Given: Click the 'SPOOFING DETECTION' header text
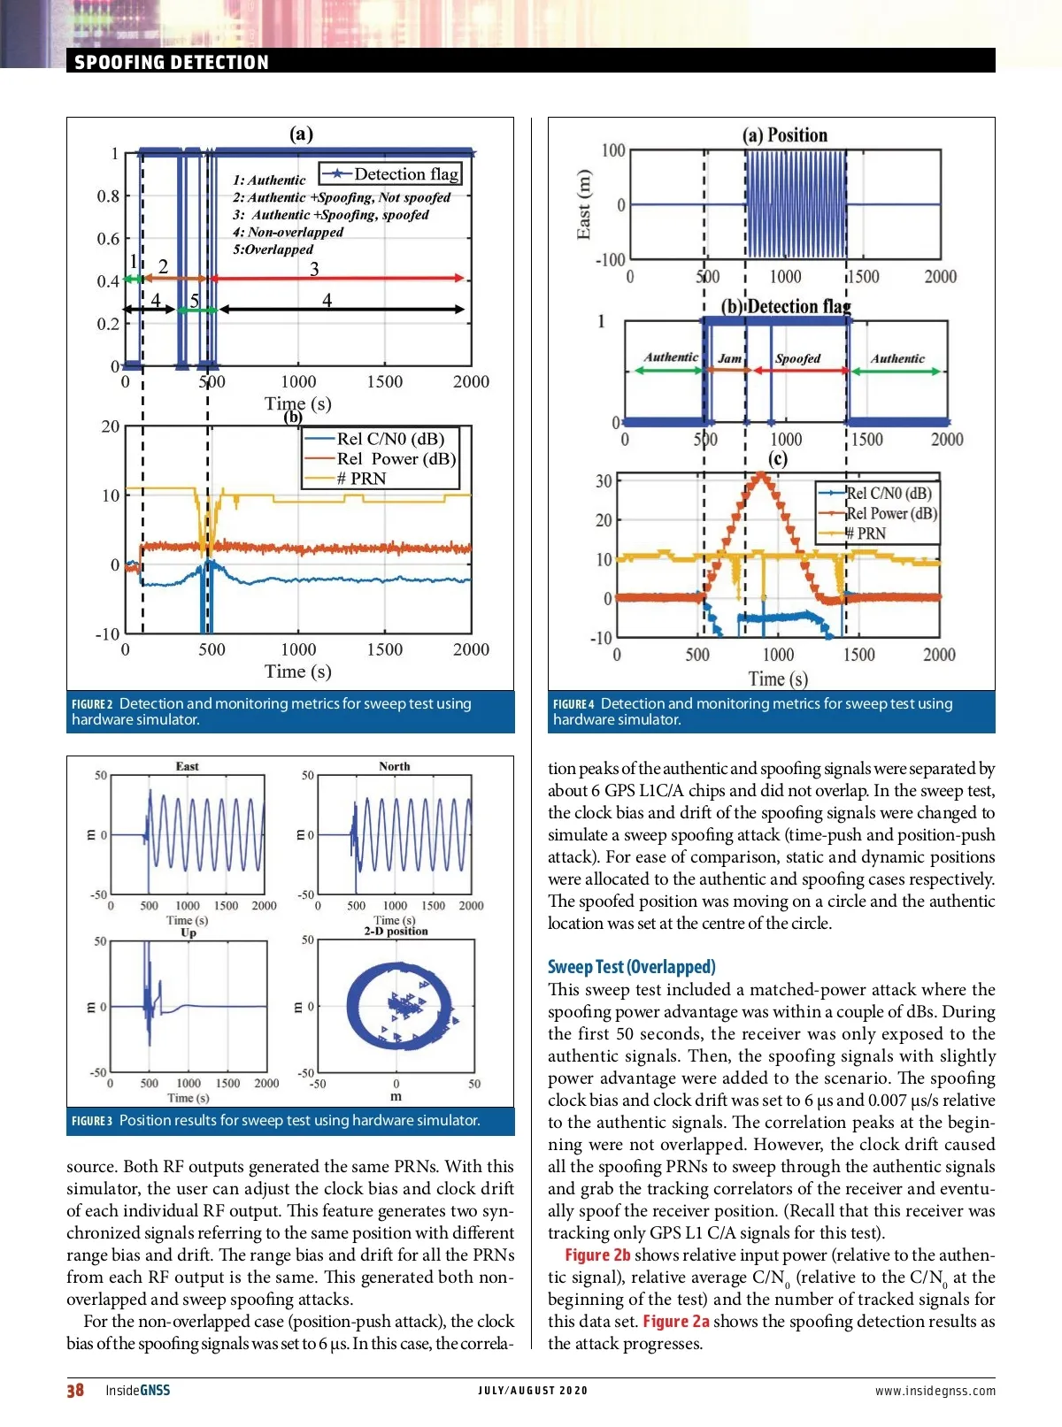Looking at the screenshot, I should point(171,62).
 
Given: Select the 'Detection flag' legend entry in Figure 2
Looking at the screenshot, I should point(406,174).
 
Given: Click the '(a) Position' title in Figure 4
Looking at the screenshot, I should point(785,135).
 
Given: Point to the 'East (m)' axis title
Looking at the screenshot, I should point(583,204).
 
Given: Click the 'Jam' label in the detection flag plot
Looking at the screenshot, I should point(730,358).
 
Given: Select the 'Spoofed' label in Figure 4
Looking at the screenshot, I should point(797,358).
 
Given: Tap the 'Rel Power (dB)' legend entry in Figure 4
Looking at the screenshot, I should point(890,513).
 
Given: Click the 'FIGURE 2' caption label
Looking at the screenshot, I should point(92,704).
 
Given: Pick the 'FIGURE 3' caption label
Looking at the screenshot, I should point(92,1121).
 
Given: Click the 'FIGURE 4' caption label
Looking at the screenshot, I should point(573,704).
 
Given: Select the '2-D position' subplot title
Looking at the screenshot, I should point(396,931).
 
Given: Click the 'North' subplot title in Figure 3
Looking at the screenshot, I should point(394,766).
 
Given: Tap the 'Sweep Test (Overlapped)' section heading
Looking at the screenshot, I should point(631,966).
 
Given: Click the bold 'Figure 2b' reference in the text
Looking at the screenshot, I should point(597,1254).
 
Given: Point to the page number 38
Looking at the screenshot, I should point(75,1390).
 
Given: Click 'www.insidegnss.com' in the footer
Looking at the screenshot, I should point(935,1391).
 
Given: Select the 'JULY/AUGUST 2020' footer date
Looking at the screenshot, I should point(533,1391).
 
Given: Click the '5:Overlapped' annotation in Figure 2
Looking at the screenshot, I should point(273,249).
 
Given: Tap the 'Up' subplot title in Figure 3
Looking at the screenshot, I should point(188,932).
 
